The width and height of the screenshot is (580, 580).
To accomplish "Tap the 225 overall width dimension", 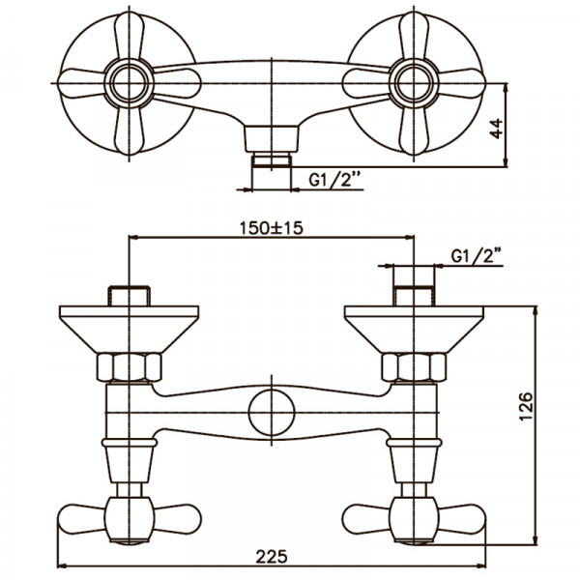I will tap(272, 557).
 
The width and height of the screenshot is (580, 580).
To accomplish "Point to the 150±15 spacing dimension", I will tap(272, 229).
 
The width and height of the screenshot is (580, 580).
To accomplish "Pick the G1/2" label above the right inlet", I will tap(478, 256).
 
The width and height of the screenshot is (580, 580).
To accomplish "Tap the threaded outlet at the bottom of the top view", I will tap(272, 159).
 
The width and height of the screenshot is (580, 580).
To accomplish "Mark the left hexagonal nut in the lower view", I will tap(128, 366).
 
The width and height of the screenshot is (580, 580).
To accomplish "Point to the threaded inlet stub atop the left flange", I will tap(128, 294).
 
